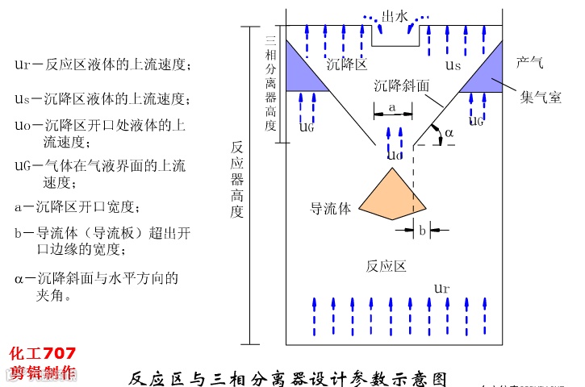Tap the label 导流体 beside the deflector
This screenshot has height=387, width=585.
[x=331, y=209]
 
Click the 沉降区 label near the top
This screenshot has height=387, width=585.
[x=347, y=64]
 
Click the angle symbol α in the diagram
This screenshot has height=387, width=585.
[x=449, y=131]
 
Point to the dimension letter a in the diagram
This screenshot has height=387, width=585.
[x=391, y=106]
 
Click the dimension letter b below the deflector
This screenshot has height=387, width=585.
[x=422, y=230]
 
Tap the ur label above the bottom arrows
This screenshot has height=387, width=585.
[x=441, y=288]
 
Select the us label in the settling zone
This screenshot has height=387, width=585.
[x=454, y=64]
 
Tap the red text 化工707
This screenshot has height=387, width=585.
[x=42, y=353]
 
